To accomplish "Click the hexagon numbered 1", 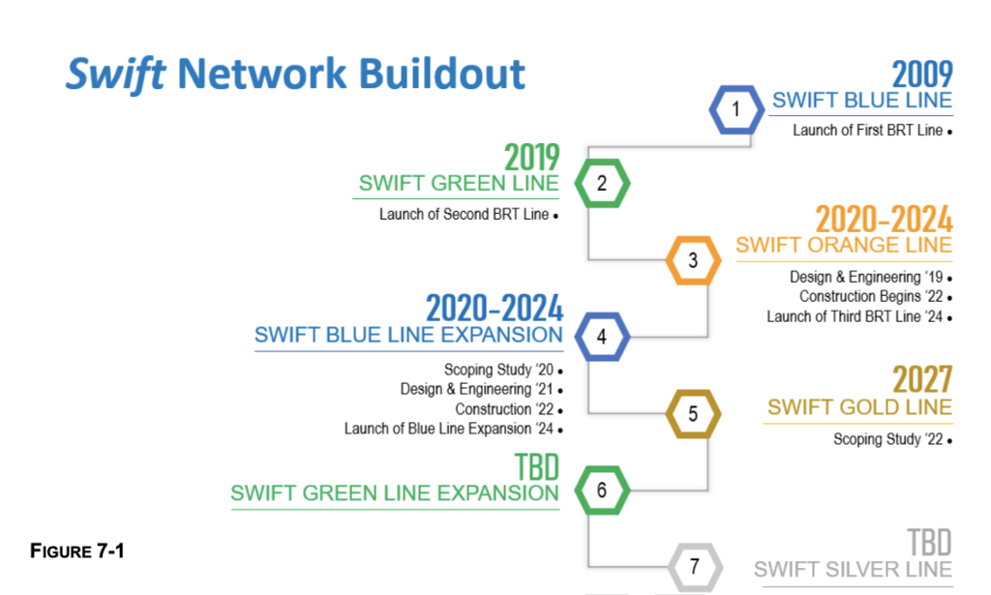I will point(736,109).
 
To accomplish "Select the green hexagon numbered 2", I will point(602,183).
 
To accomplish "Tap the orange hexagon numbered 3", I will point(693,260).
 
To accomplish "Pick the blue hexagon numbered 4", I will point(602,337).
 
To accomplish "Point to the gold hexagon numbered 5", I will point(693,414).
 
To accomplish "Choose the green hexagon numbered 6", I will point(602,491).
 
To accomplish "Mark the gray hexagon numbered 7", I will point(693,566).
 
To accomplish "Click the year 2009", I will point(921,74).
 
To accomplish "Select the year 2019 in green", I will point(531,158).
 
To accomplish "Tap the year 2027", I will point(921,379).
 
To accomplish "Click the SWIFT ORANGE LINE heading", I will point(843,245).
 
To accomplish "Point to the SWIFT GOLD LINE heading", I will point(859,407).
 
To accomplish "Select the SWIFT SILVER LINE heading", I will point(853,569).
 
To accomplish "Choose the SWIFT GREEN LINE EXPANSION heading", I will point(395,492).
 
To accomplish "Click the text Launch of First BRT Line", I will point(867,131).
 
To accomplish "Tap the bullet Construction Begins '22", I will point(871,297).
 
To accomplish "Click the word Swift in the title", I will point(114,74).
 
